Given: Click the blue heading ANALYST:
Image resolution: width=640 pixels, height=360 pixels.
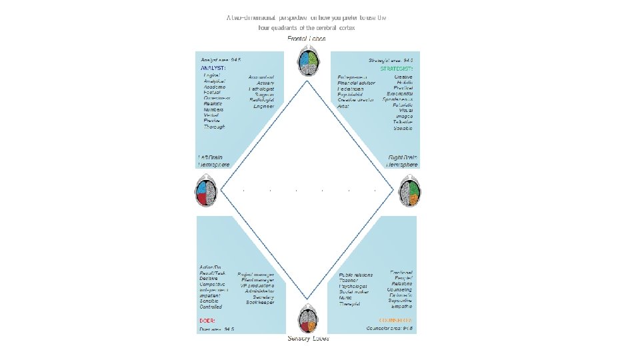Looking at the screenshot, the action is pyautogui.click(x=213, y=68).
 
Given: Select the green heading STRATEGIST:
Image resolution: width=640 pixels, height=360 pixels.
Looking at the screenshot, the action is pyautogui.click(x=397, y=69).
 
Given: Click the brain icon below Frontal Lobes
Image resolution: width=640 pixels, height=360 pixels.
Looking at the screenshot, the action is pyautogui.click(x=307, y=61).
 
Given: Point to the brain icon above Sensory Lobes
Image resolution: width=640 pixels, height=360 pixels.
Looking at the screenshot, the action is pyautogui.click(x=307, y=318).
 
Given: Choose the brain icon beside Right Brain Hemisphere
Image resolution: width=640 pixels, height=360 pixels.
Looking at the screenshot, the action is pyautogui.click(x=409, y=192).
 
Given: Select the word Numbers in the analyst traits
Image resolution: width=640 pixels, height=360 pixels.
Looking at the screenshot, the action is pyautogui.click(x=215, y=109).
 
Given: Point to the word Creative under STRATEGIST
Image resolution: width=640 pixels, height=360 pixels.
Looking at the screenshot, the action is pyautogui.click(x=403, y=77).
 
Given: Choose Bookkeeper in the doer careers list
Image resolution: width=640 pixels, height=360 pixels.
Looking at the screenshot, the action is pyautogui.click(x=260, y=302).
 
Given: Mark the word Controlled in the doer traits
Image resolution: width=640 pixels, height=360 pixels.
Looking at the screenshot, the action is pyautogui.click(x=211, y=307).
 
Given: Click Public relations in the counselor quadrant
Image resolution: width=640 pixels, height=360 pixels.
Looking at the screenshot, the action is pyautogui.click(x=356, y=275).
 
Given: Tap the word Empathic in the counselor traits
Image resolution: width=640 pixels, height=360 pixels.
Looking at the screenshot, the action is pyautogui.click(x=401, y=307).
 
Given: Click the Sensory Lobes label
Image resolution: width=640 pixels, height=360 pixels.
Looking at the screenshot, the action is pyautogui.click(x=308, y=339).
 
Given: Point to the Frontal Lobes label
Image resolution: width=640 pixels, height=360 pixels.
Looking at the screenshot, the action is pyautogui.click(x=307, y=39).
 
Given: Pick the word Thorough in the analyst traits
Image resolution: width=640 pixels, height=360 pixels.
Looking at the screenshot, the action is pyautogui.click(x=215, y=127).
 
